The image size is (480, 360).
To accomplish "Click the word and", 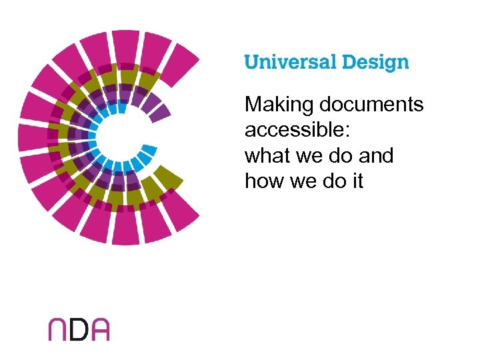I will (x=376, y=155).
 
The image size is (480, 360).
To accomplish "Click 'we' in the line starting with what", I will (x=303, y=157).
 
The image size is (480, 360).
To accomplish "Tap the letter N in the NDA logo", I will (x=58, y=329).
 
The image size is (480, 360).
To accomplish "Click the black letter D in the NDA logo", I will (x=79, y=329).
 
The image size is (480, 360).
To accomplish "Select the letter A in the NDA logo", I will (x=99, y=329).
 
